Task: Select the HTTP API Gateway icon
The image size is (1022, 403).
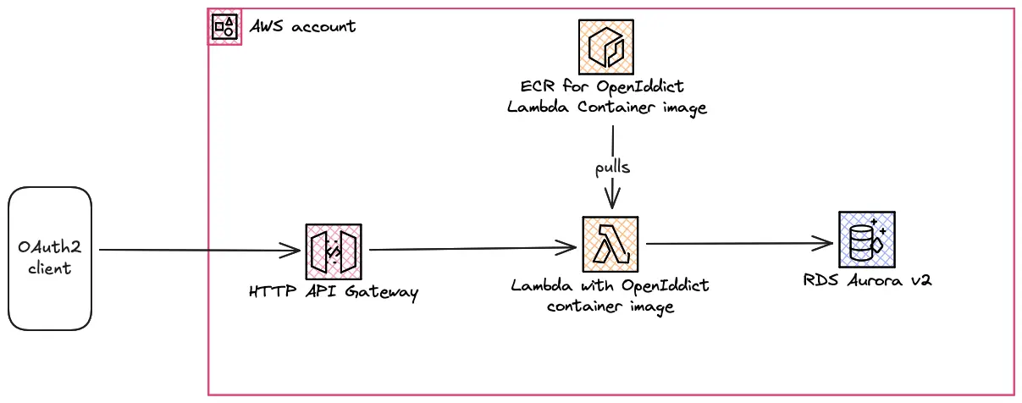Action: (334, 251)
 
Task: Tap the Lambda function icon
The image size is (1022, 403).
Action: (610, 243)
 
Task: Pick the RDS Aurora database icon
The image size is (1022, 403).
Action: (866, 240)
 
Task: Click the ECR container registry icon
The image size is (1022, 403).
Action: (606, 47)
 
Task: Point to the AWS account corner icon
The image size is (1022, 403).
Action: (225, 27)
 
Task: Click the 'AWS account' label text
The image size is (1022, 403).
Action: (302, 26)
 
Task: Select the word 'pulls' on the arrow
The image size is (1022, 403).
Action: (611, 167)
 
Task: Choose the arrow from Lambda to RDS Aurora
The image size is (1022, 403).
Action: (737, 244)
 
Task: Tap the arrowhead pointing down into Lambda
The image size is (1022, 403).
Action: (610, 201)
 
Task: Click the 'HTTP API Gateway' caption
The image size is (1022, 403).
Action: (334, 292)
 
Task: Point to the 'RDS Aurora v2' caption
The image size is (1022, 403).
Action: (867, 280)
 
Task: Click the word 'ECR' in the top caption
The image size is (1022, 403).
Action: (538, 87)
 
